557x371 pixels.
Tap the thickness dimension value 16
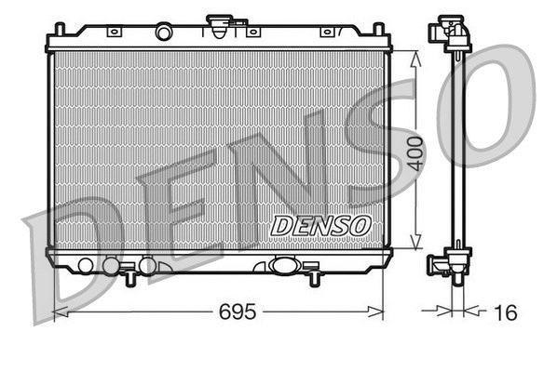[x=506, y=312]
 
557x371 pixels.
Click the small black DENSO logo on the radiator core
[x=320, y=225]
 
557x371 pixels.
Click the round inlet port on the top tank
[x=164, y=33]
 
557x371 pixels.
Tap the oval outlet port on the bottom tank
[x=282, y=265]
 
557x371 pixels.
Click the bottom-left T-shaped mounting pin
[x=127, y=276]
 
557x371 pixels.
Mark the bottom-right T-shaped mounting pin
[x=314, y=277]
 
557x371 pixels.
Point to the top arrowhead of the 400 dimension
[x=416, y=55]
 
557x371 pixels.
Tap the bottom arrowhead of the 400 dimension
[x=416, y=245]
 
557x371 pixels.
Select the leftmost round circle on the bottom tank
[x=86, y=266]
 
